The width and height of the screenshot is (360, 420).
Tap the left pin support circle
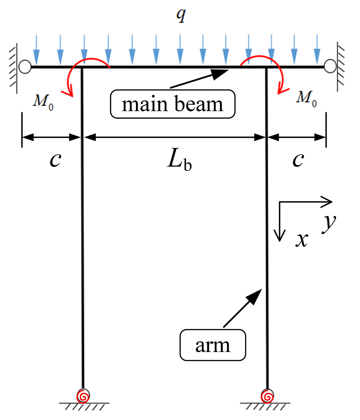[x=25, y=67]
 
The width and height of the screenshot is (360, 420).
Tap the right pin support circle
[x=330, y=67]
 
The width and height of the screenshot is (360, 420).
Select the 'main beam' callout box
[x=173, y=104]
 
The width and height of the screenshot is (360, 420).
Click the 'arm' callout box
[x=213, y=345]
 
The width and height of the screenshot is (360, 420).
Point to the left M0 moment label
[x=43, y=102]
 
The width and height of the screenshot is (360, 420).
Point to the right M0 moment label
[x=306, y=98]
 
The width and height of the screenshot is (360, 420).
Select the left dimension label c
[x=55, y=160]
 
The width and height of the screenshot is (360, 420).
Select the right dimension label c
[x=298, y=160]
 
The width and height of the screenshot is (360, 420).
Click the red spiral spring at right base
[x=267, y=396]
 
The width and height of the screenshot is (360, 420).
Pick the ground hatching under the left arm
[x=85, y=407]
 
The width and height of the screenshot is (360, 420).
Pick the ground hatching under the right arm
[x=265, y=407]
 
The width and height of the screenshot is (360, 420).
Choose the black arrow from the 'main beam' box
[x=200, y=79]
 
